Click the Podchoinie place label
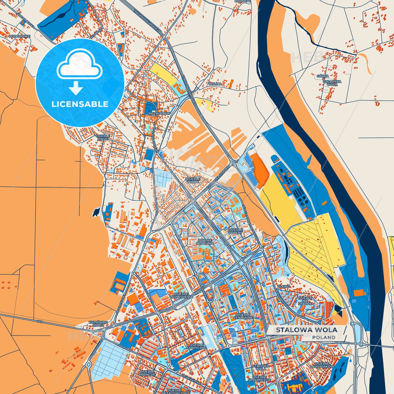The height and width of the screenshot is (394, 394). pos(20,36)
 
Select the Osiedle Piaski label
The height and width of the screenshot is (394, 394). pos(103,137)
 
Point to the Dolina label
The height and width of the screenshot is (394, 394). pos(215,84)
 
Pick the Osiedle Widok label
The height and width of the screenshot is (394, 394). pos(193,180)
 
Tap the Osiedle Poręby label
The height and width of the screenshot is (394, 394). pos(235,231)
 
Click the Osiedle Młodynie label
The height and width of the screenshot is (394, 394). pos(204,242)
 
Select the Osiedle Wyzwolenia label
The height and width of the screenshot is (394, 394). pos(181,295)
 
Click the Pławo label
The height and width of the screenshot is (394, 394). pos(284,286)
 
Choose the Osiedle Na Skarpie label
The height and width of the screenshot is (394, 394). pos(305,301)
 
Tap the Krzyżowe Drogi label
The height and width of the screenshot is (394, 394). pos(98,324)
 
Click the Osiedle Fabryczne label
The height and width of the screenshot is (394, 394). pos(196,346)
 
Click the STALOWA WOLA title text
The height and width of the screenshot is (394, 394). pos(306,330)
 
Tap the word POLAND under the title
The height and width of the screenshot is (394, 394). pos(324,337)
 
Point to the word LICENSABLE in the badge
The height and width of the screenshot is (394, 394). pos(80,104)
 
